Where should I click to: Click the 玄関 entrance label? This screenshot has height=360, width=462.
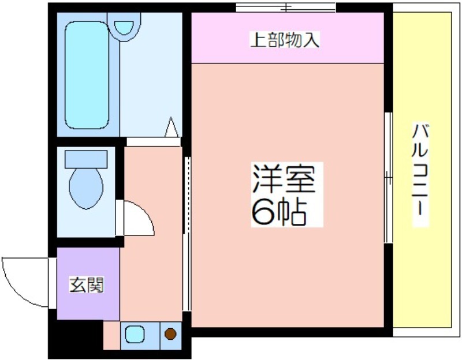click(x=86, y=284)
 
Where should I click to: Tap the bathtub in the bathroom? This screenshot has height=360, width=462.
click(x=87, y=75)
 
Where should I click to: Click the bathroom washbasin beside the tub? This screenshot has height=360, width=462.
click(x=124, y=27)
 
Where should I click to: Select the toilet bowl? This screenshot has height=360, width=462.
click(x=86, y=189)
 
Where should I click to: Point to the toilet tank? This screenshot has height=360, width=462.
click(x=86, y=159)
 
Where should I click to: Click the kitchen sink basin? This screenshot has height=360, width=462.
click(x=135, y=334)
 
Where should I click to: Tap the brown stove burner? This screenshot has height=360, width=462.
click(x=170, y=334)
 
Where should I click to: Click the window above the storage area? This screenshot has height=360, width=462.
click(x=285, y=7)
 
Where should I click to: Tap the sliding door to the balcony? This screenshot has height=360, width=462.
click(x=389, y=178)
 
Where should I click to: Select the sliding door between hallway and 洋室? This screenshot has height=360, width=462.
click(x=187, y=234)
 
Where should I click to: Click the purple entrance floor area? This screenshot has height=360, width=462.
click(x=88, y=284)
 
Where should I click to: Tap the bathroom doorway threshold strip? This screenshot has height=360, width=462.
click(x=153, y=141)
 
